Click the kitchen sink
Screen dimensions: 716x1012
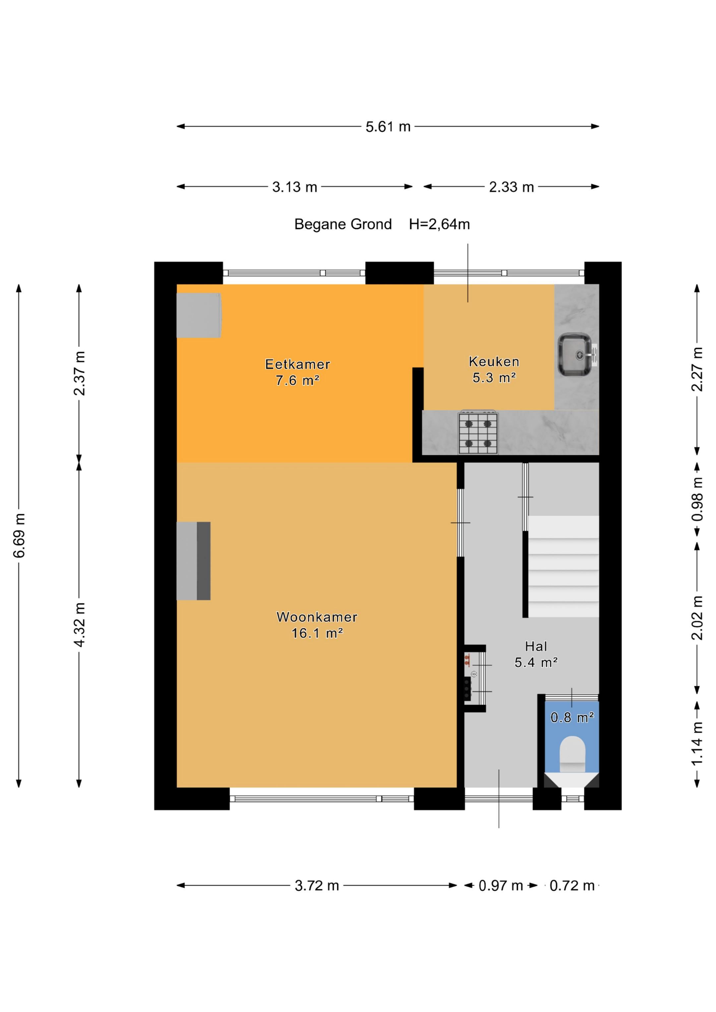click(x=576, y=355)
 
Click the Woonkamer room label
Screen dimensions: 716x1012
click(x=317, y=617)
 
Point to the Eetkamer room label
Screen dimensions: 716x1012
click(x=297, y=364)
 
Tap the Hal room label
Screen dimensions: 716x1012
click(x=536, y=647)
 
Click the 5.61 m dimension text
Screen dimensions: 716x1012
click(x=388, y=127)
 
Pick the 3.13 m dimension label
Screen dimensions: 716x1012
click(x=295, y=187)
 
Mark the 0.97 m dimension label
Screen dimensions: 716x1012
click(x=501, y=885)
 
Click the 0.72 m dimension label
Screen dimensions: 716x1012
click(x=572, y=885)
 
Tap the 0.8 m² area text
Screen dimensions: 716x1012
click(x=572, y=718)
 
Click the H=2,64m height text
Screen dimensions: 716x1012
click(x=440, y=224)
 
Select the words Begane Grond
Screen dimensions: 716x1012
click(x=343, y=224)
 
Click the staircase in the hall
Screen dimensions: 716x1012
click(x=564, y=566)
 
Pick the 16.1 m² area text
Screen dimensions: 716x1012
click(x=317, y=633)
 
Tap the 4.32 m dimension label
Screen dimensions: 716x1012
click(x=80, y=624)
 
